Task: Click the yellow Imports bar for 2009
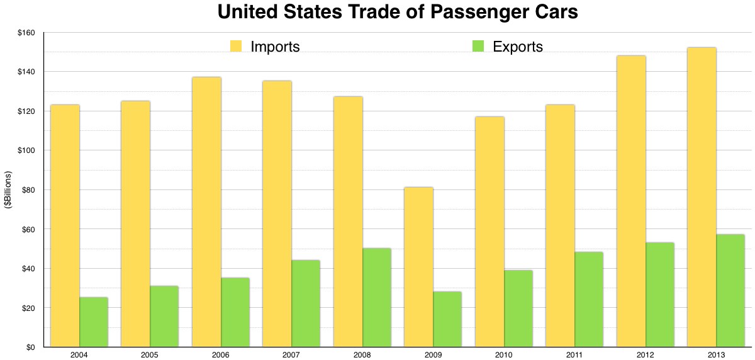pos(418,267)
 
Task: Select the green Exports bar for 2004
pos(94,322)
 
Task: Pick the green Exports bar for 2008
pos(377,297)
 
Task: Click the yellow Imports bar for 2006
pos(206,211)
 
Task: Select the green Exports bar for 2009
pos(447,319)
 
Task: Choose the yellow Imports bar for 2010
pos(489,232)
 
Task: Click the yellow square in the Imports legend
pos(237,46)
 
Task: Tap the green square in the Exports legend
pos(479,46)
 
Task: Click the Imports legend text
pos(275,47)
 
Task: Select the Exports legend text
pos(518,47)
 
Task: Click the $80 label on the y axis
pos(28,190)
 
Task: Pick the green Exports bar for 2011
pos(589,299)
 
